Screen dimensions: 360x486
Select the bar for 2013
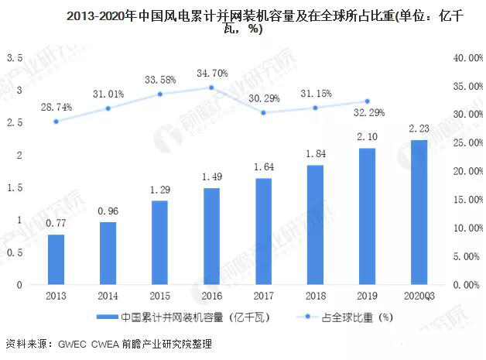pos(56,259)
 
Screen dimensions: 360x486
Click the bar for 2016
pos(211,236)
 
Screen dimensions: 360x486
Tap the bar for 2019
pos(367,216)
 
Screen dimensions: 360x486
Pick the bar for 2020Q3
pos(418,212)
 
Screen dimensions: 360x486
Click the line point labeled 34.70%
pos(211,87)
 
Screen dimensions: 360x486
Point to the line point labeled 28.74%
pos(56,121)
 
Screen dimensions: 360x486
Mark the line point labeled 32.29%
pos(367,101)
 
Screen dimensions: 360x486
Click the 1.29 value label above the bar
pos(159,189)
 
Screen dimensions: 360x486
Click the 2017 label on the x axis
pos(263,296)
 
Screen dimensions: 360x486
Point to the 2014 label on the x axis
pos(108,296)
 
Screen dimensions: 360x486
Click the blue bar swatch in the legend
pos(106,317)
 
